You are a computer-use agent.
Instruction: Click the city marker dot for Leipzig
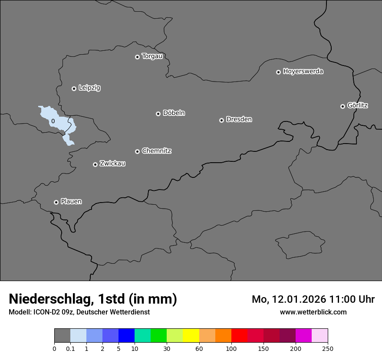click(74, 88)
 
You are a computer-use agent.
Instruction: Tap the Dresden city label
click(239, 119)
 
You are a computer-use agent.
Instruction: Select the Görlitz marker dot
click(342, 106)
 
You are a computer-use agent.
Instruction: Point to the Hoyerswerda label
click(303, 72)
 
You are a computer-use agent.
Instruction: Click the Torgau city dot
click(137, 57)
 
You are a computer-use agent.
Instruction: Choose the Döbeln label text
click(174, 113)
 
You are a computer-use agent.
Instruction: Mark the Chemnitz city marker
click(137, 151)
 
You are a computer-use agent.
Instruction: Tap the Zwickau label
click(112, 164)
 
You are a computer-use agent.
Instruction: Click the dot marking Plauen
click(56, 202)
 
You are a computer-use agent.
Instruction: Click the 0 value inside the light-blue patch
click(53, 121)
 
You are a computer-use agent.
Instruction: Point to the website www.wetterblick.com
click(313, 312)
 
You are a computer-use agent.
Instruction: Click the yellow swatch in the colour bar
click(191, 336)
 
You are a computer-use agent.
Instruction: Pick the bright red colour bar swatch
click(239, 336)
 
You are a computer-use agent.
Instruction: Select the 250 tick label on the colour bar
click(328, 348)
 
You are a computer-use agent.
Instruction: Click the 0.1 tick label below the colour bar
click(70, 348)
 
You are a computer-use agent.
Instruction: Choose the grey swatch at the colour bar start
click(62, 336)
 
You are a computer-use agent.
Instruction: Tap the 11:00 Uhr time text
click(352, 299)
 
